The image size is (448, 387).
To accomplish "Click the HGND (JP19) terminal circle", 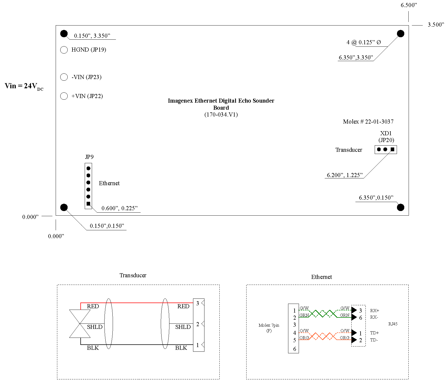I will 64,50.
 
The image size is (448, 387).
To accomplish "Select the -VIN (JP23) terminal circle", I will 64,77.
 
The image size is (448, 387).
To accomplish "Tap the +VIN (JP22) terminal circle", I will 64,96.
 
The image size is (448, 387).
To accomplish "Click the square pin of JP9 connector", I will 88,204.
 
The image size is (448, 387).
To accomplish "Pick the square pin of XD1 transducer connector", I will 392,149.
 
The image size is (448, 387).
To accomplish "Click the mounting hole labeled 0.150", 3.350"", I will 64,34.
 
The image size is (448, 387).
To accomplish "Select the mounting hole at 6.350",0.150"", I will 400,207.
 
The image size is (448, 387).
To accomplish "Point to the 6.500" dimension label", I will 409,5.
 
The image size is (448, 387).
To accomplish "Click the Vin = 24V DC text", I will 24,86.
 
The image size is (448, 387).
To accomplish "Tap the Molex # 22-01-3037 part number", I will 368,122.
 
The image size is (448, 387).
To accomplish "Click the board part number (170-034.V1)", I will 221,115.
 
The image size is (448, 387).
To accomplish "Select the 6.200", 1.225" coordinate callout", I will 345,175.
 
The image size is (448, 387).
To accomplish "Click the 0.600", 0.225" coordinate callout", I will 119,208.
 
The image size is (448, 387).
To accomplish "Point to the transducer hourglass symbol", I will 80,324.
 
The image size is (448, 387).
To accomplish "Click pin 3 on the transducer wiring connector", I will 198,303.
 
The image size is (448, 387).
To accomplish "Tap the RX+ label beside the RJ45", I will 374,310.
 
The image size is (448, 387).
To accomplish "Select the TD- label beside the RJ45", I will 374,340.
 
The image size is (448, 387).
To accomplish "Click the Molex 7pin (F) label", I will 269,328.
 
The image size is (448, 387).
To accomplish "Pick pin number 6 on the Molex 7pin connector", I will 295,349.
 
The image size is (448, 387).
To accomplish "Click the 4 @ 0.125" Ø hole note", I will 364,42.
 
